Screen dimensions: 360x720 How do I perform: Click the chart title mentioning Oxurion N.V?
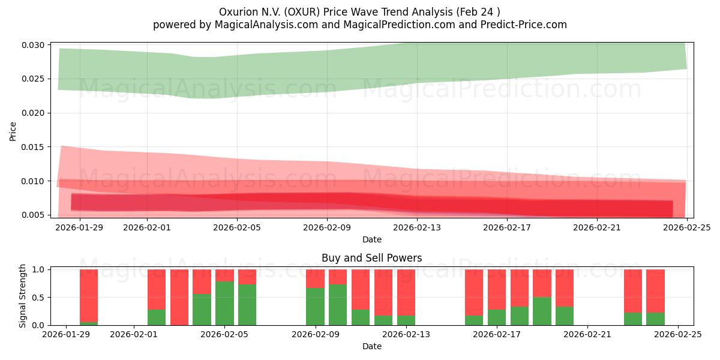pos(359,11)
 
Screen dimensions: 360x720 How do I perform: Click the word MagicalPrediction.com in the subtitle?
pos(408,25)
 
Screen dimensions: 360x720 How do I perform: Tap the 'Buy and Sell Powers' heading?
pos(371,258)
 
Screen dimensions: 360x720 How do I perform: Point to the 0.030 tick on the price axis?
pos(34,45)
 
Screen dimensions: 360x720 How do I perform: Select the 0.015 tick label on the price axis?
pos(34,147)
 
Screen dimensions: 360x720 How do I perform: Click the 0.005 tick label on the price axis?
pos(34,215)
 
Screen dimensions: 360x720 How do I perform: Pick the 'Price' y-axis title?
pos(13,130)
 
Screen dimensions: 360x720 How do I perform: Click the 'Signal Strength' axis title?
pos(23,296)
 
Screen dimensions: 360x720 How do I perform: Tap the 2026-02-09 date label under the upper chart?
pos(327,227)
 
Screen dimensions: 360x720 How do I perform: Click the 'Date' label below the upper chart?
pos(371,239)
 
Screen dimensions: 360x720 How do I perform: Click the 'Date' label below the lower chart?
pos(371,346)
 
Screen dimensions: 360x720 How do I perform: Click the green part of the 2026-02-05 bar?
pos(224,304)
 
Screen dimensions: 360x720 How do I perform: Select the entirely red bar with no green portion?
pos(179,297)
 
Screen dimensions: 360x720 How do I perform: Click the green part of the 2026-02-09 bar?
pos(315,307)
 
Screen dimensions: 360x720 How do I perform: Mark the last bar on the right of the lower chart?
pos(655,297)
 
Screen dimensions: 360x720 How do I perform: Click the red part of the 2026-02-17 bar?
pos(497,288)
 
